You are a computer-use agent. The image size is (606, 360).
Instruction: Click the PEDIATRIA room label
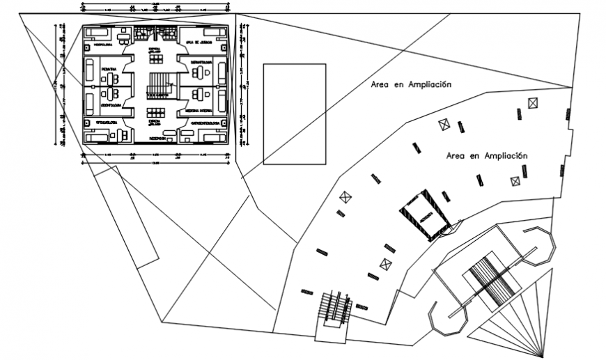pyautogui.click(x=109, y=70)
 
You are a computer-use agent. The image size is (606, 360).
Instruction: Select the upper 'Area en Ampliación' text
pyautogui.click(x=411, y=84)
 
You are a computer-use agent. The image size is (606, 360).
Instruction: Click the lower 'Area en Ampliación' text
pyautogui.click(x=486, y=156)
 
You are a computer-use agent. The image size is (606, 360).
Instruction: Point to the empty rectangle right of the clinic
pyautogui.click(x=295, y=114)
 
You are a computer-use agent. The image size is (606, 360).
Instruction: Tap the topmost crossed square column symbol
pyautogui.click(x=533, y=102)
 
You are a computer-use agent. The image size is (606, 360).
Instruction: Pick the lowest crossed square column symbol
pyautogui.click(x=386, y=264)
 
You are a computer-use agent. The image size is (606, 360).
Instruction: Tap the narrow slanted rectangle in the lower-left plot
pyautogui.click(x=127, y=217)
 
